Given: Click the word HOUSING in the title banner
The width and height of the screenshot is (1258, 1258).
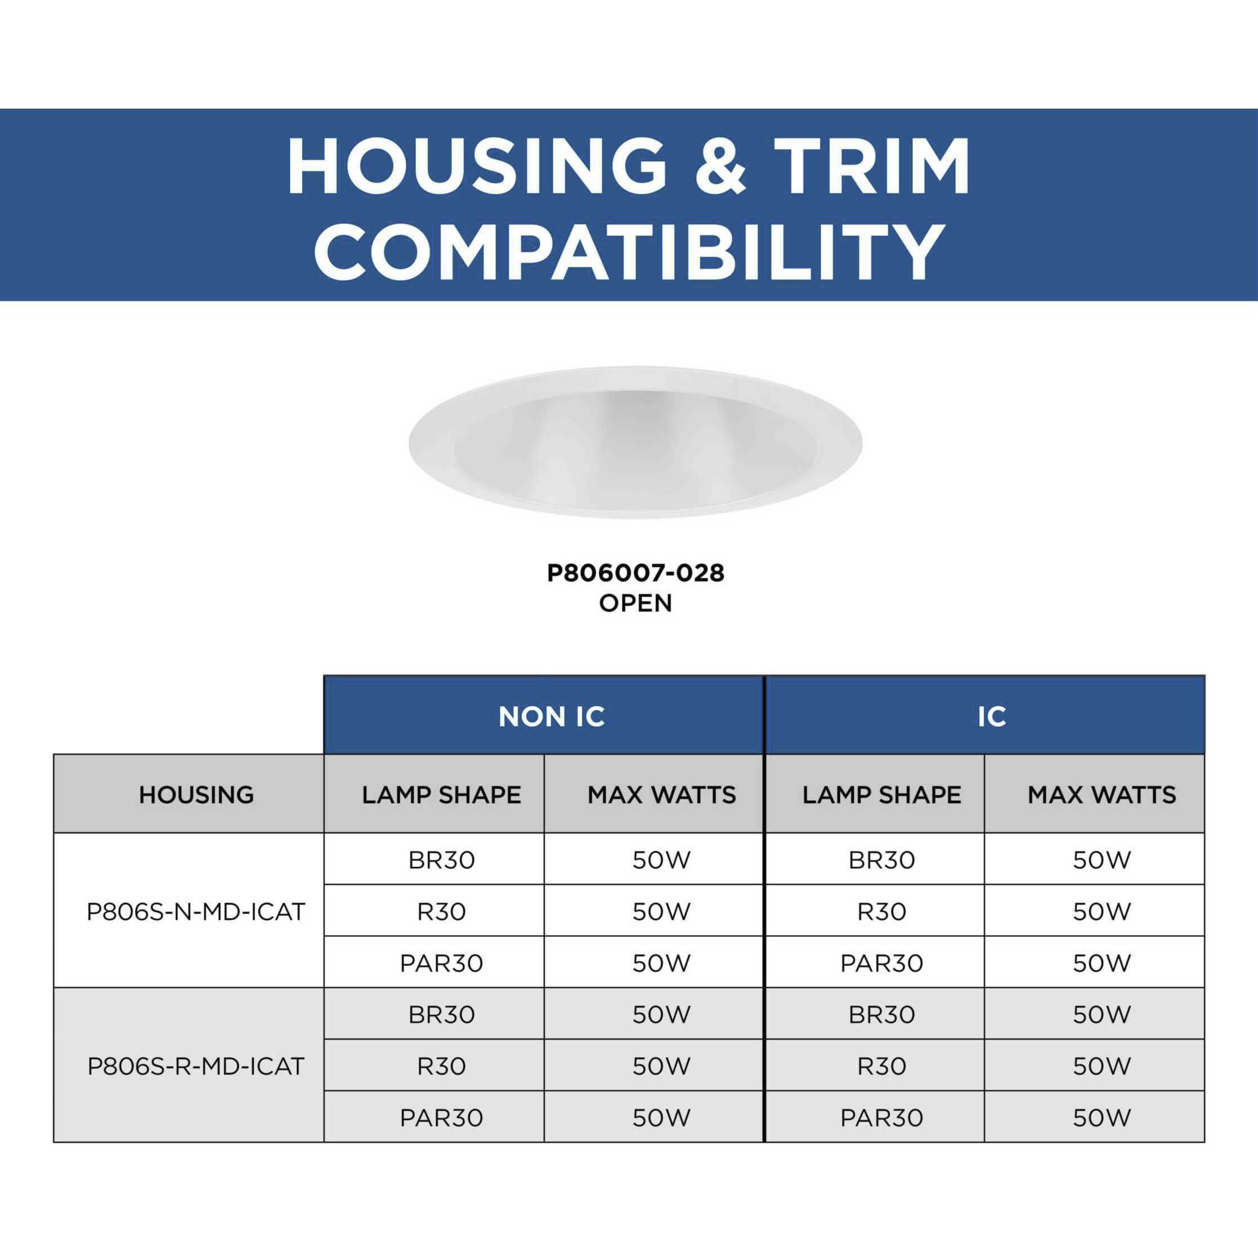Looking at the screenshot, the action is tap(477, 166).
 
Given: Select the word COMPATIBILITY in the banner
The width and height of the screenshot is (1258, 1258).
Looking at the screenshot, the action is tap(629, 250).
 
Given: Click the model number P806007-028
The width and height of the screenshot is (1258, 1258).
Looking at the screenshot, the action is tap(635, 573).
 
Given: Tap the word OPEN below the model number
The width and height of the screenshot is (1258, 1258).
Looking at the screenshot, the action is tap(635, 603).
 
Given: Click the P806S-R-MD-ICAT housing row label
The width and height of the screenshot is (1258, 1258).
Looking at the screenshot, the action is tap(196, 1066).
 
